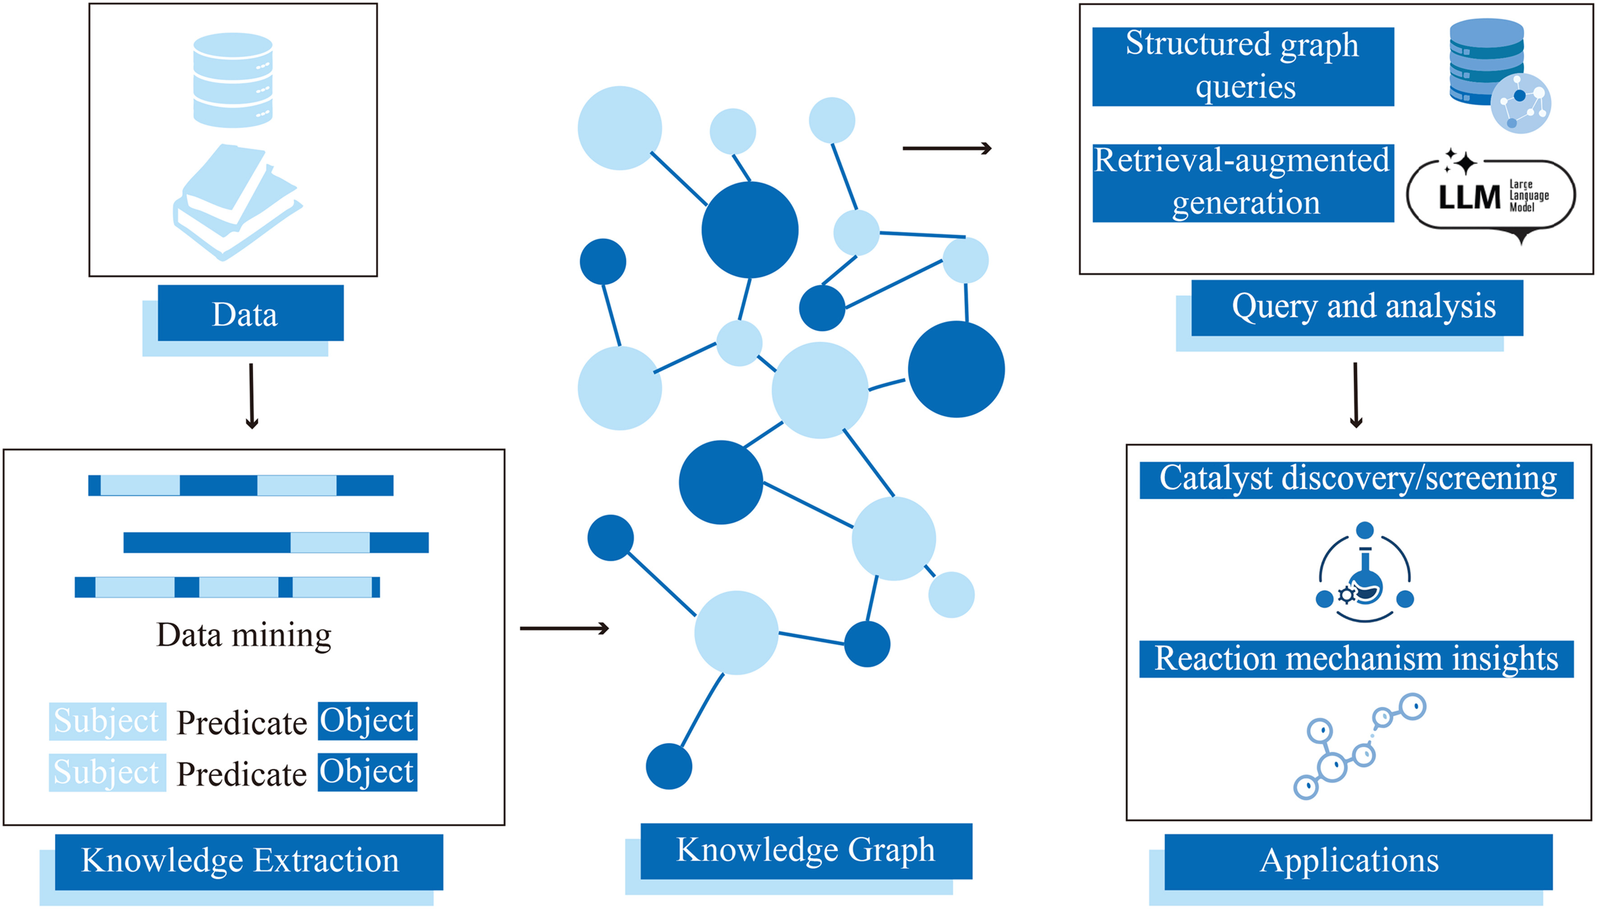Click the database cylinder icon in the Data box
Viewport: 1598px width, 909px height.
pyautogui.click(x=233, y=80)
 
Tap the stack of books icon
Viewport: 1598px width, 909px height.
pyautogui.click(x=236, y=201)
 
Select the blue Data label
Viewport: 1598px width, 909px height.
pyautogui.click(x=250, y=314)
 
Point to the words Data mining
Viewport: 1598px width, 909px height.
pyautogui.click(x=244, y=635)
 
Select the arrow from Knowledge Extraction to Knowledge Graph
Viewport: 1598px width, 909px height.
pyautogui.click(x=564, y=628)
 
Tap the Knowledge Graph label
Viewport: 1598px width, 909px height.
pyautogui.click(x=806, y=850)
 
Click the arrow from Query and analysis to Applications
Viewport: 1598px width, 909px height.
pyautogui.click(x=1356, y=395)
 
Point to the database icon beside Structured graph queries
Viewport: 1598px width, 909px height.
pyautogui.click(x=1498, y=75)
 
